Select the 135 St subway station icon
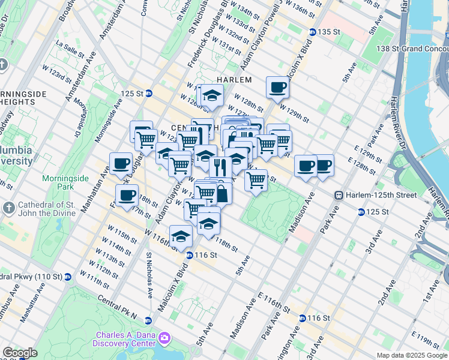(x=313, y=32)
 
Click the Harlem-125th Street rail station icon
(x=339, y=196)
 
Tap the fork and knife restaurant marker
(x=220, y=167)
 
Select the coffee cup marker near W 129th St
(x=277, y=87)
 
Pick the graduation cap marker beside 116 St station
(x=180, y=236)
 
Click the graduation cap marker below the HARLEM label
(x=211, y=95)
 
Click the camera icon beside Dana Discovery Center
(x=164, y=340)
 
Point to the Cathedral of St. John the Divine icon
(x=8, y=208)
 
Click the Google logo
(x=20, y=353)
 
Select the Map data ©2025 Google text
(x=412, y=355)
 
